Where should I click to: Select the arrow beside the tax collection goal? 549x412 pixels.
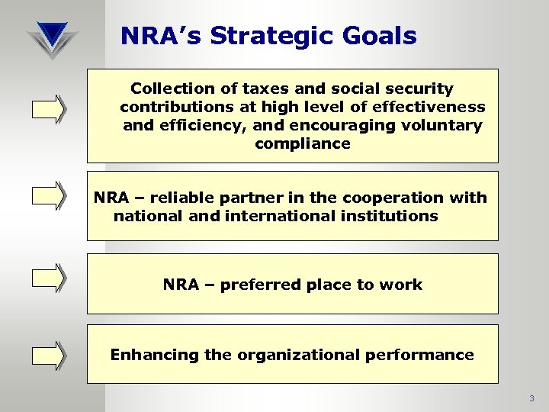(x=49, y=108)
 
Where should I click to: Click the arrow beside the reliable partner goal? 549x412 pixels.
(x=49, y=195)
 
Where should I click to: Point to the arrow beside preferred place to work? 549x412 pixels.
(x=49, y=278)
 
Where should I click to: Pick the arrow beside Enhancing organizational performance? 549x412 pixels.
(x=49, y=356)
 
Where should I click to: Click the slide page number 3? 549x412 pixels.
(x=531, y=398)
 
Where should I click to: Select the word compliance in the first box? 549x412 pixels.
(x=303, y=144)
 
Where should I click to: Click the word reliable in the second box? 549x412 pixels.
(x=180, y=198)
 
